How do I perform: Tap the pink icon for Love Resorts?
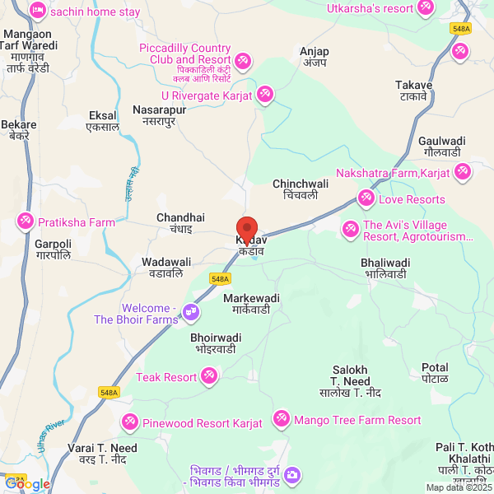click(366, 199)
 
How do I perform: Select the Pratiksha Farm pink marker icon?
click(26, 222)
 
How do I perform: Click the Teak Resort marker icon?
click(209, 377)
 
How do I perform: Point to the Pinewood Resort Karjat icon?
click(130, 423)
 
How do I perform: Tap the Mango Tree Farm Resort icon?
click(282, 420)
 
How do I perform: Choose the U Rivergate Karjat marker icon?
click(264, 95)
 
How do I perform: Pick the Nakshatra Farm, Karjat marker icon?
click(463, 172)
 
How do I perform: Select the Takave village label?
click(412, 91)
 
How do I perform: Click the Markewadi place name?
click(251, 303)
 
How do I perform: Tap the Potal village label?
click(435, 373)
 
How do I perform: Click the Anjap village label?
click(314, 57)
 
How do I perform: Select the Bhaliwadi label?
click(385, 268)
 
